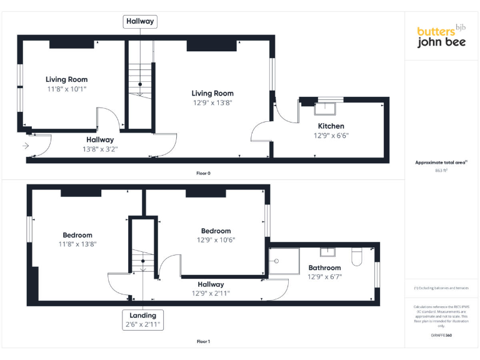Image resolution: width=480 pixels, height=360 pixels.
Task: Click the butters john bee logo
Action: tap(441, 37)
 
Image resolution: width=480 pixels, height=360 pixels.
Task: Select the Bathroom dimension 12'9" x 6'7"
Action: tap(324, 277)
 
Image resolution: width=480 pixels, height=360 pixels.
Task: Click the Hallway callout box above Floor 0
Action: tap(140, 21)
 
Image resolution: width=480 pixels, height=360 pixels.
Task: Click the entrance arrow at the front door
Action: tap(25, 146)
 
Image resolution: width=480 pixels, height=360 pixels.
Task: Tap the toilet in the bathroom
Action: tap(357, 255)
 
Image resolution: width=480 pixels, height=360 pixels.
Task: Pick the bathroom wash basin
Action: tap(329, 252)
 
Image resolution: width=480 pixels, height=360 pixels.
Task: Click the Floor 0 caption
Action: tap(203, 172)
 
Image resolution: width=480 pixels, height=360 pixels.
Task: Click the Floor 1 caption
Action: tap(203, 342)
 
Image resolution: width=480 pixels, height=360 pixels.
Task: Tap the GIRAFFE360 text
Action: tap(441, 336)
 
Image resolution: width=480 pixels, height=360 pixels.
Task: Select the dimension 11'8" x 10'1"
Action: tap(67, 89)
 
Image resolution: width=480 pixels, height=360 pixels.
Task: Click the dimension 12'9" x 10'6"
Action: tap(216, 239)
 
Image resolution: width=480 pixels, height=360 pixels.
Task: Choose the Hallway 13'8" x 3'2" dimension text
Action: tap(101, 149)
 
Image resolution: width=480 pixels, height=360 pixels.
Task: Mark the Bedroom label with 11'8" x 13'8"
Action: tap(77, 235)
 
